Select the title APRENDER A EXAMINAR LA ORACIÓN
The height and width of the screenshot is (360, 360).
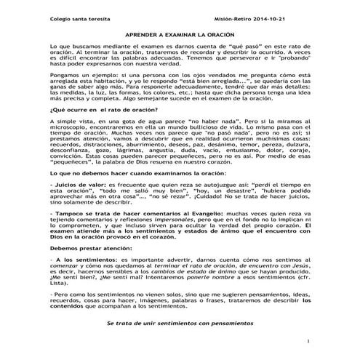180,35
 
